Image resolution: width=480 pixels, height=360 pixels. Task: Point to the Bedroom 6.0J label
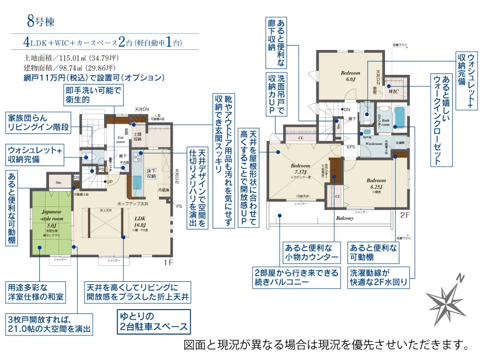350,76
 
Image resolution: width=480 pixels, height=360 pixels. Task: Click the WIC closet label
393,91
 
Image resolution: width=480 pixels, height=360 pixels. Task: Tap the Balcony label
344,218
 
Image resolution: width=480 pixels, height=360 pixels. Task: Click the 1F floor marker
168,262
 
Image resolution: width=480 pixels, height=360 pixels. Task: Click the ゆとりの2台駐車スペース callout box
153,322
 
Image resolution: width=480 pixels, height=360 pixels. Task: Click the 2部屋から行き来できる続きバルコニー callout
296,277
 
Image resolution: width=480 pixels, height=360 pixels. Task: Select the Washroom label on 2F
372,144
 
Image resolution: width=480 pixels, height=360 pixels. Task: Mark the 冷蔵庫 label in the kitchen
164,190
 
